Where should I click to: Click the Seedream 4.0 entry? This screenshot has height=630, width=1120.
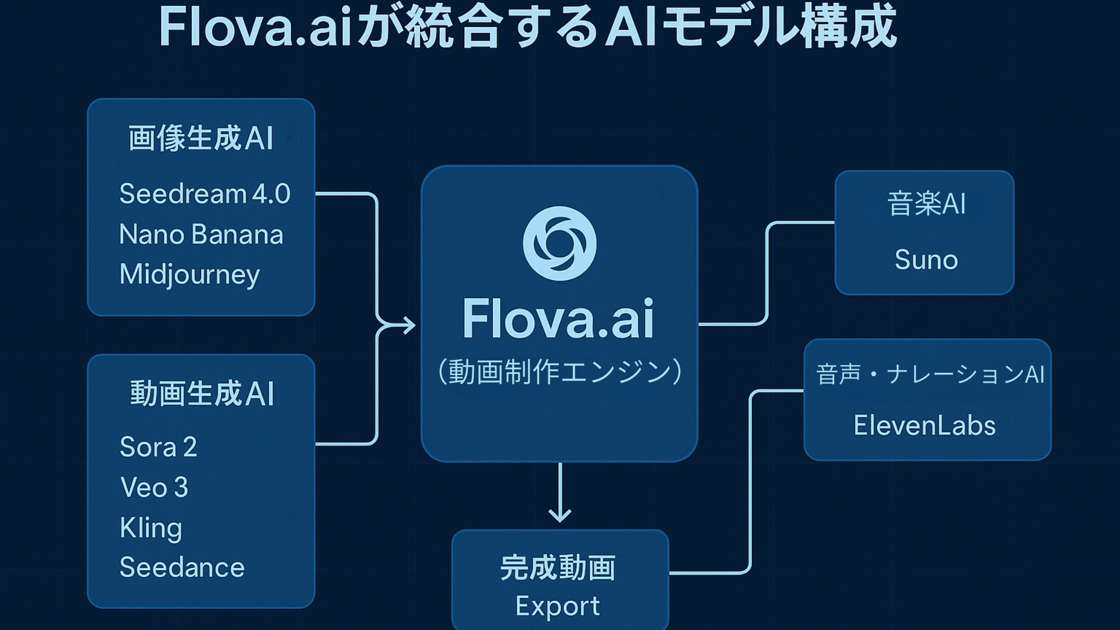pyautogui.click(x=204, y=194)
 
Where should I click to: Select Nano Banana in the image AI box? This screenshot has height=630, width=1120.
pyautogui.click(x=201, y=235)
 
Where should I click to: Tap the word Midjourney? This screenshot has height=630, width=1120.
pyautogui.click(x=189, y=274)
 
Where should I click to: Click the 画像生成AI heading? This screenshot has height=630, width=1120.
pyautogui.click(x=201, y=139)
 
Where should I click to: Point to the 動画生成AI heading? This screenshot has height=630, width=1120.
pyautogui.click(x=202, y=394)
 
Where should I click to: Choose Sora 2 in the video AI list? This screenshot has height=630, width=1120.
pyautogui.click(x=158, y=447)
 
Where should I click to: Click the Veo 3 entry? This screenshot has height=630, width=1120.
pyautogui.click(x=154, y=488)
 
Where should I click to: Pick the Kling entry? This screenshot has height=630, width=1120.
pyautogui.click(x=150, y=528)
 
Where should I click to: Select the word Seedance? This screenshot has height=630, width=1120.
pyautogui.click(x=182, y=568)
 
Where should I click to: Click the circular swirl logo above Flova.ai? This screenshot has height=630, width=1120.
pyautogui.click(x=559, y=243)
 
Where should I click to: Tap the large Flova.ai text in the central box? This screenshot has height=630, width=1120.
pyautogui.click(x=558, y=319)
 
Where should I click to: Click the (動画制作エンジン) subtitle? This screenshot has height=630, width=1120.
pyautogui.click(x=559, y=372)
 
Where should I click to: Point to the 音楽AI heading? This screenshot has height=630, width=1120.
pyautogui.click(x=926, y=204)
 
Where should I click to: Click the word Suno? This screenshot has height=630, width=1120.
pyautogui.click(x=926, y=260)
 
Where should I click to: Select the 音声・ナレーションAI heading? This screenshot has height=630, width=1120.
pyautogui.click(x=930, y=374)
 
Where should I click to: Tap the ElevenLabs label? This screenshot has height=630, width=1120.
pyautogui.click(x=924, y=425)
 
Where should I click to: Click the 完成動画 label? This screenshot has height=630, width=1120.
pyautogui.click(x=558, y=568)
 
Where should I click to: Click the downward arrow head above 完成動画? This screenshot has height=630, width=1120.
pyautogui.click(x=560, y=516)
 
